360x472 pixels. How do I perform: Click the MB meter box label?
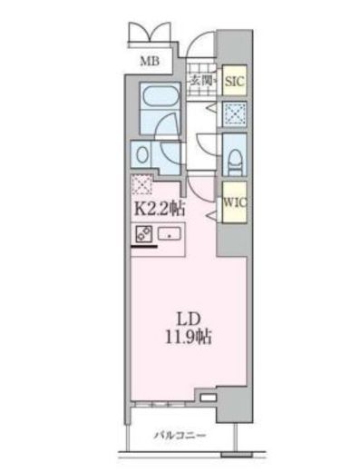(x=150, y=61)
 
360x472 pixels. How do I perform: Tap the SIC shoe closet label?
(x=235, y=81)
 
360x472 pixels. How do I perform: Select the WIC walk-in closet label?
(x=235, y=202)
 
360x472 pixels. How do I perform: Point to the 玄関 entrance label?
(x=200, y=80)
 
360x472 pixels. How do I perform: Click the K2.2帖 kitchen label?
(x=159, y=208)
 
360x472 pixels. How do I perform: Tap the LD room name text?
(x=189, y=319)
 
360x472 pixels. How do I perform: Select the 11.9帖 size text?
(x=188, y=337)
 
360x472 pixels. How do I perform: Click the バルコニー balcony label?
(x=180, y=436)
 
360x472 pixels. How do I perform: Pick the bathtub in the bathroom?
(x=161, y=97)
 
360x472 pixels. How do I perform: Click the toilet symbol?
(x=235, y=163)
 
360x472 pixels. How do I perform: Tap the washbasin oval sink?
(x=142, y=154)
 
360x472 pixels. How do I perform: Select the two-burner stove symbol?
(x=143, y=234)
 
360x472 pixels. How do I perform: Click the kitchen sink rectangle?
(x=169, y=234)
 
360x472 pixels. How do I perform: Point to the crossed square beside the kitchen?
(x=141, y=184)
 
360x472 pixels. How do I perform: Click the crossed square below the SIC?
(x=235, y=114)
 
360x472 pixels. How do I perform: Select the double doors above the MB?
(x=150, y=34)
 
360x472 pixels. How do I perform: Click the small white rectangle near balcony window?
(x=209, y=398)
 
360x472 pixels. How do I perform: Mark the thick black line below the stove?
(x=144, y=247)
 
